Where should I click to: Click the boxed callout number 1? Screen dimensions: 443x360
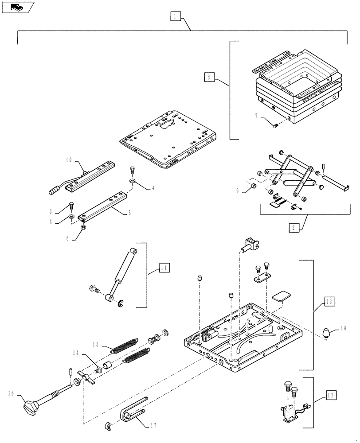(176, 17)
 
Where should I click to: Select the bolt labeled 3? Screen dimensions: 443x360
(70, 206)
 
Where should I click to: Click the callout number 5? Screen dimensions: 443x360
(129, 213)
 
